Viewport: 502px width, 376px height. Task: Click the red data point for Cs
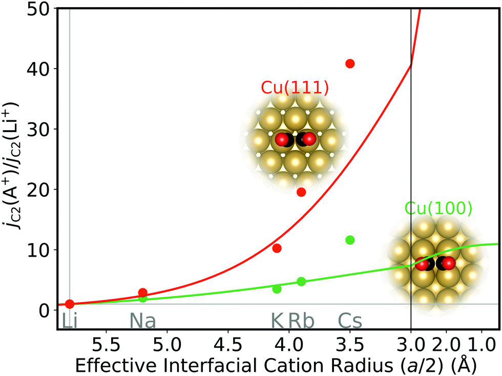click(x=350, y=64)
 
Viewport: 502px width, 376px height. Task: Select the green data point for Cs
click(x=350, y=240)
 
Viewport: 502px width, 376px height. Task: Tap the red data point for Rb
click(x=301, y=192)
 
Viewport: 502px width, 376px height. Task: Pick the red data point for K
click(x=277, y=248)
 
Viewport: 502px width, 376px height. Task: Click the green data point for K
click(x=277, y=289)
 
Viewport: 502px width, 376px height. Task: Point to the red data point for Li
click(x=70, y=304)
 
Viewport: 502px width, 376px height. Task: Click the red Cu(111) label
click(x=294, y=87)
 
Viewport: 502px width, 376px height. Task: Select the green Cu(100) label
click(x=438, y=208)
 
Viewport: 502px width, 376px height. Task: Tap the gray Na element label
click(x=142, y=321)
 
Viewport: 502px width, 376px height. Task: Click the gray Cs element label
click(x=350, y=321)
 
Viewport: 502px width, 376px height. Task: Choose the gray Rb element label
click(x=301, y=321)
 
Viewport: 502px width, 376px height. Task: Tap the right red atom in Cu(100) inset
click(x=449, y=263)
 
